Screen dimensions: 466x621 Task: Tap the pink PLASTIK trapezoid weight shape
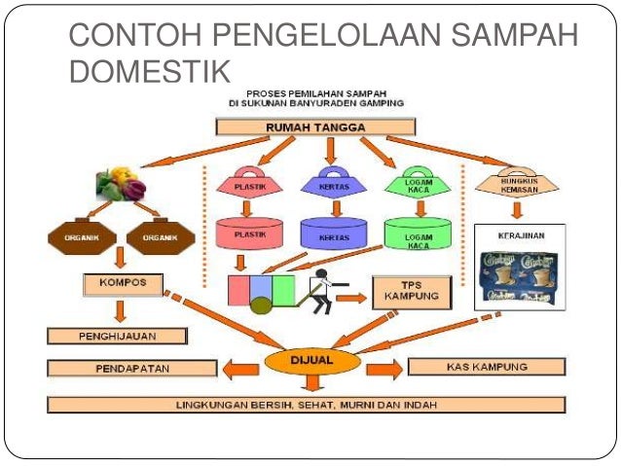tap(252, 182)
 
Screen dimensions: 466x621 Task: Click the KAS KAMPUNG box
tap(486, 367)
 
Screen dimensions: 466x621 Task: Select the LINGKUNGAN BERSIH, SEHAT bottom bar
tap(306, 404)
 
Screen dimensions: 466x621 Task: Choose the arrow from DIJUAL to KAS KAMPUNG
tap(381, 369)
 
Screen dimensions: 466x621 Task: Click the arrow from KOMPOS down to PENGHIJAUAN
tap(118, 312)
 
